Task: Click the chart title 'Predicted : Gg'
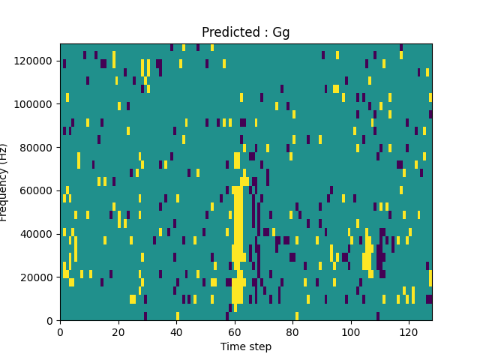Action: point(245,32)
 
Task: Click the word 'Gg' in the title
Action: point(280,33)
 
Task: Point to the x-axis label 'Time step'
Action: point(245,346)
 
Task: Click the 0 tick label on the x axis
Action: point(60,331)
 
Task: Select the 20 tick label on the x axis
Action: point(118,331)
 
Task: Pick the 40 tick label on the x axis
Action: point(176,331)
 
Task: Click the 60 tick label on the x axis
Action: point(234,331)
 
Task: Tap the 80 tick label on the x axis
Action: point(292,331)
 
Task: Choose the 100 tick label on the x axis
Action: point(350,331)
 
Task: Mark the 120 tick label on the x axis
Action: point(409,331)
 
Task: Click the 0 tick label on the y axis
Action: point(50,321)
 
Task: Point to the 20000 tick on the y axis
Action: point(37,277)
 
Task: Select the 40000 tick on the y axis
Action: point(37,234)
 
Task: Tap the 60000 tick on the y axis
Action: point(37,190)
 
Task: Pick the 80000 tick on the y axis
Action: point(37,147)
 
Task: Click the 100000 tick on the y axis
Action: point(35,103)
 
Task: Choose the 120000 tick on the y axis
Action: point(35,60)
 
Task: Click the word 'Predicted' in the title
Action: point(226,32)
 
